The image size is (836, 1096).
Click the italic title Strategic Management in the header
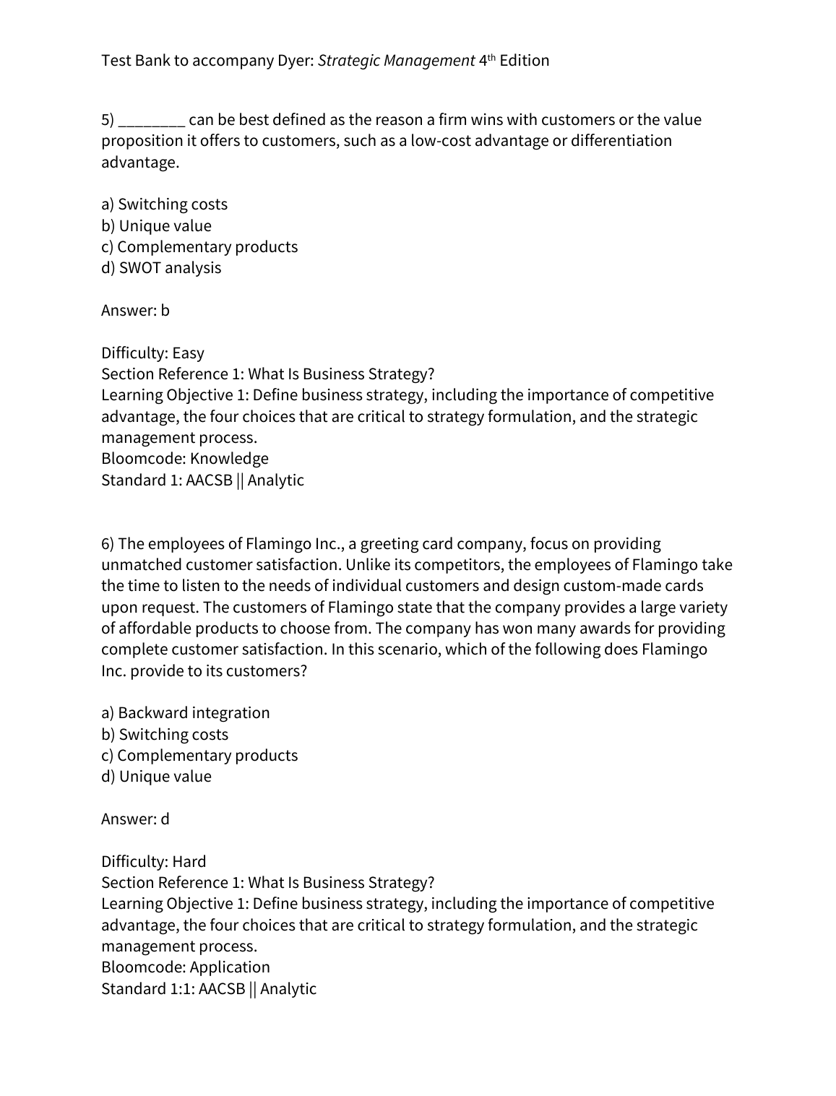pos(396,61)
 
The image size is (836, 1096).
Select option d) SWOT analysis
pos(161,268)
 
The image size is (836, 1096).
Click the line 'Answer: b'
pos(135,311)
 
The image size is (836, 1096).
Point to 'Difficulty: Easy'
pos(152,353)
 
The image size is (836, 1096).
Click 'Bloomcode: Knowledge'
pos(184,459)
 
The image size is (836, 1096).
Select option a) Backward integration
pos(185,713)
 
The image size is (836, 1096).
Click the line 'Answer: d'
pos(135,819)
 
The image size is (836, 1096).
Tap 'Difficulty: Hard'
pos(153,862)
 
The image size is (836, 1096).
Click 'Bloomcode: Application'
pos(185,967)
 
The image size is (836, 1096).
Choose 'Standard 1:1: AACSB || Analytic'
pos(209,989)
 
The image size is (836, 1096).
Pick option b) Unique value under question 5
pos(156,226)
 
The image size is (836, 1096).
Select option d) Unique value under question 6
pos(156,777)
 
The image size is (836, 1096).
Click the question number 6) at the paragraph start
pos(108,544)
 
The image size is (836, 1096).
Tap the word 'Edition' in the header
pos(524,61)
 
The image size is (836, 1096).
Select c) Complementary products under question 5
pos(199,247)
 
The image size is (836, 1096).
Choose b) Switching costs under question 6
pos(165,735)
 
